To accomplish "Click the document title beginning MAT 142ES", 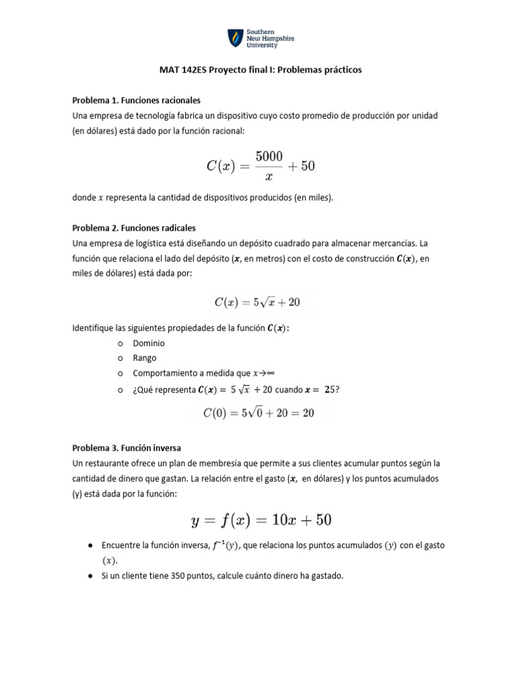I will point(261,70).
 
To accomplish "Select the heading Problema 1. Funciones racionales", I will point(136,100).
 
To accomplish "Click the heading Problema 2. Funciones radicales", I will point(133,227).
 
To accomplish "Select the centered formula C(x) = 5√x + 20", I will point(257,303).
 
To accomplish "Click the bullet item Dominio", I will point(148,343).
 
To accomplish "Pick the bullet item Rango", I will point(144,358).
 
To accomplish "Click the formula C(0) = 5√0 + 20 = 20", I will point(258,413).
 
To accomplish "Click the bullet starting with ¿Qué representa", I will point(231,390).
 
